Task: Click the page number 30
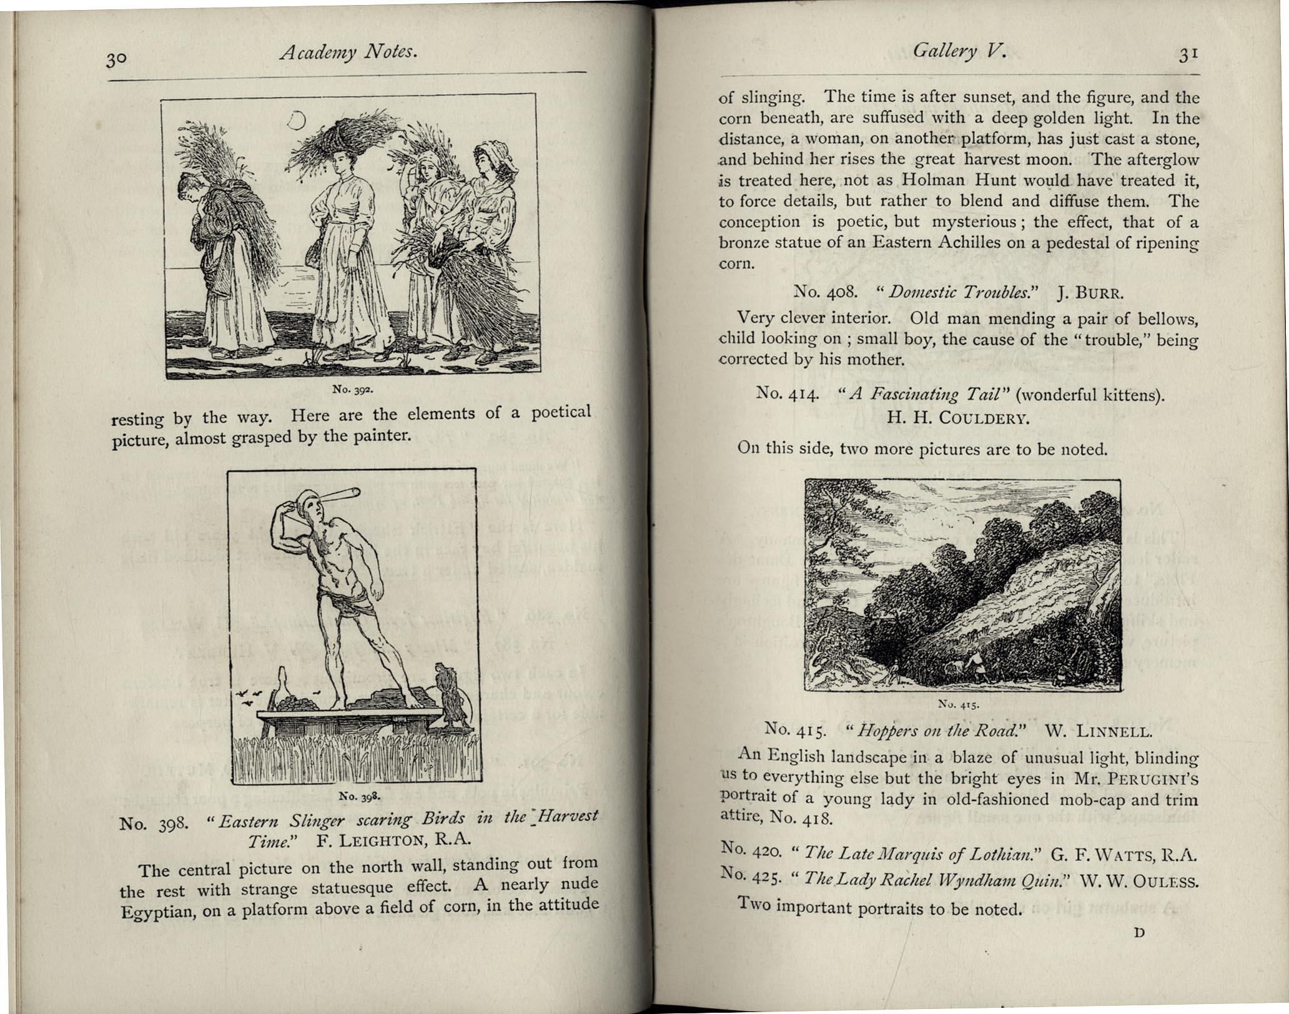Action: pyautogui.click(x=116, y=60)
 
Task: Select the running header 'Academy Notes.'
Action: pyautogui.click(x=348, y=52)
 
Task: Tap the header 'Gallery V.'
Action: pyautogui.click(x=959, y=51)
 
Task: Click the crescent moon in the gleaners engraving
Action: pyautogui.click(x=296, y=120)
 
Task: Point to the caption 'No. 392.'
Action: pyautogui.click(x=352, y=390)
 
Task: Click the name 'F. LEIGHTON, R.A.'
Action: pyautogui.click(x=393, y=840)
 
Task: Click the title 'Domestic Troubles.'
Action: pyautogui.click(x=959, y=292)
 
